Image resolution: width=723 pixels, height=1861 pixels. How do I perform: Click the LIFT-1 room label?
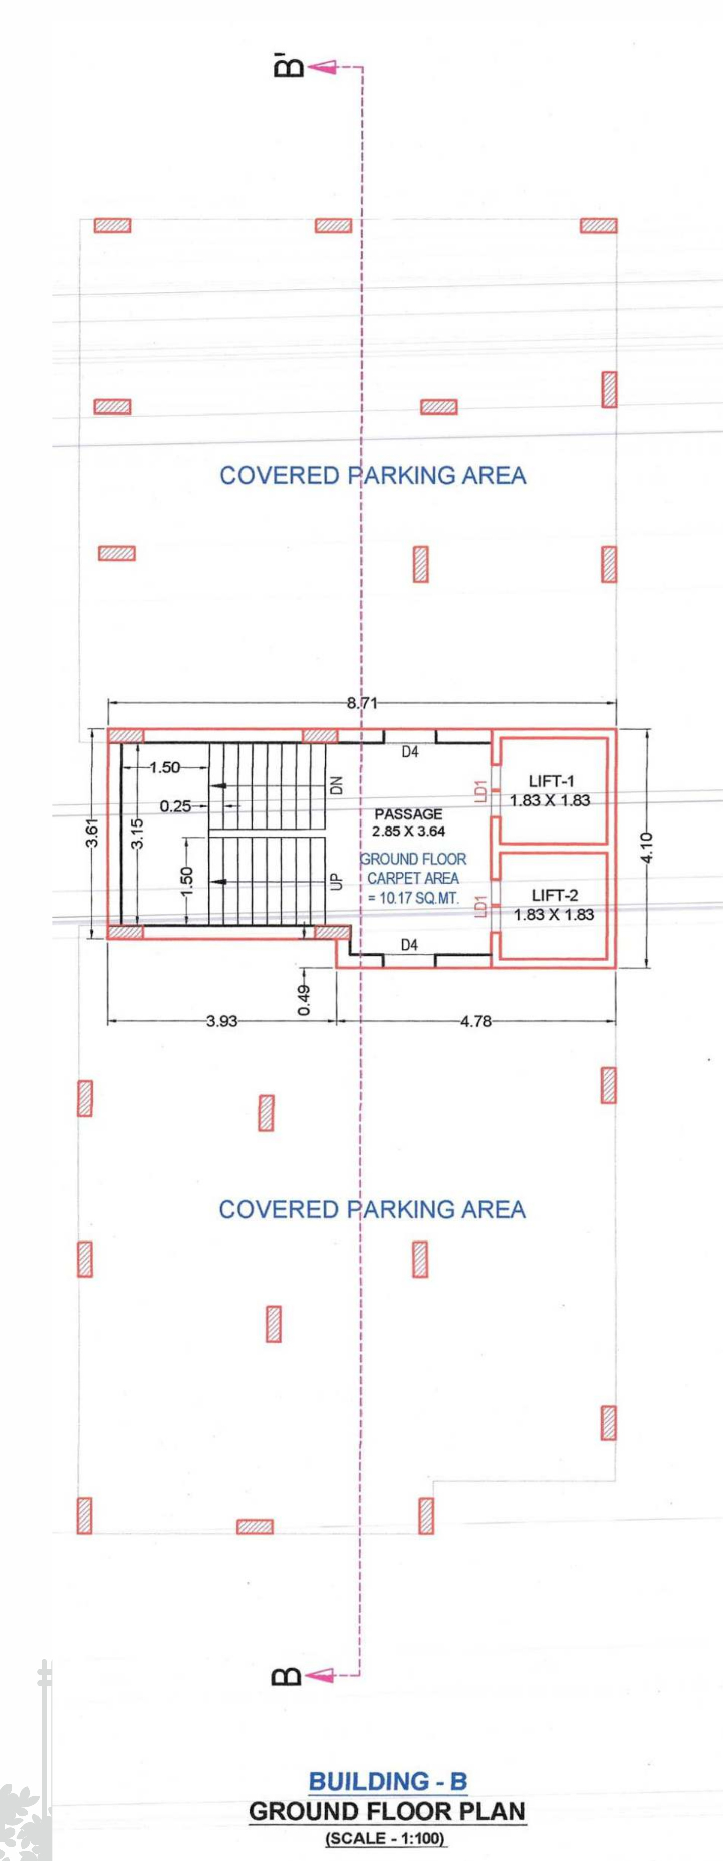551,781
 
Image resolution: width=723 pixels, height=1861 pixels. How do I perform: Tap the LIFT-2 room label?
555,896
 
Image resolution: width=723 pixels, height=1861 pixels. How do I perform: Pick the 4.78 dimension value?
476,1021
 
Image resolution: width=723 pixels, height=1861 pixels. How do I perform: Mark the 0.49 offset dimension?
305,1000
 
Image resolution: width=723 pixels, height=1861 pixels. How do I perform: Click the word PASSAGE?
408,814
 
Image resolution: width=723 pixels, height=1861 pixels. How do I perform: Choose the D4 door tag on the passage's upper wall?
410,752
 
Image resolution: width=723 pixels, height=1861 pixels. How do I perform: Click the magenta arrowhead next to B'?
322,67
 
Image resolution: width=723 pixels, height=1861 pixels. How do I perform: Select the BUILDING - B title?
388,1782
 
